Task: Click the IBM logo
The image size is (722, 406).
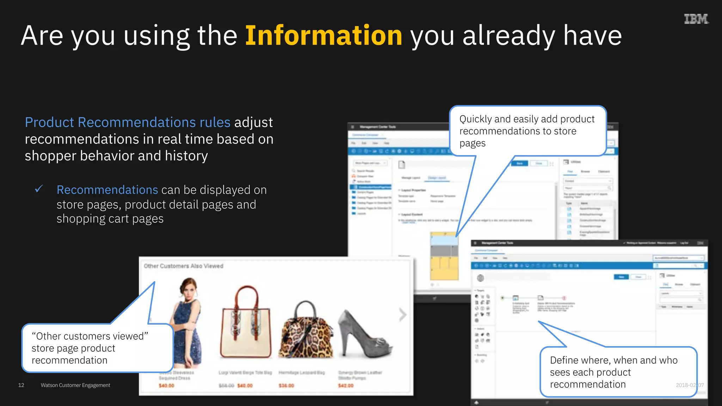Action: click(696, 19)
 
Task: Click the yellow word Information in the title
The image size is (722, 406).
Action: click(324, 36)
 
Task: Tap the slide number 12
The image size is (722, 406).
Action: click(21, 385)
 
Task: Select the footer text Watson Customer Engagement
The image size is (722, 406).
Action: click(75, 385)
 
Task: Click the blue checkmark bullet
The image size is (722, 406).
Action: click(39, 189)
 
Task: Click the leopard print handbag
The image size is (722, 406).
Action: click(306, 331)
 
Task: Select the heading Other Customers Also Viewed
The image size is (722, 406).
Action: click(183, 266)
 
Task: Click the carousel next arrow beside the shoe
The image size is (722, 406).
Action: click(403, 315)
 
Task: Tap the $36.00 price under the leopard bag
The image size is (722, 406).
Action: click(286, 386)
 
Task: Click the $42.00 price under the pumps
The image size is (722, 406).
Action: click(345, 386)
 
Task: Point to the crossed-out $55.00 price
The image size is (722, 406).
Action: click(226, 386)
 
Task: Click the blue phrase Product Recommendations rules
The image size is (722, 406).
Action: click(128, 122)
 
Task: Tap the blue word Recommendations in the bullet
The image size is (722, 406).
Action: click(107, 190)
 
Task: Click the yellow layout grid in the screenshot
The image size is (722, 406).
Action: click(444, 268)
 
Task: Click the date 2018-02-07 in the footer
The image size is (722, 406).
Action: click(690, 385)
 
